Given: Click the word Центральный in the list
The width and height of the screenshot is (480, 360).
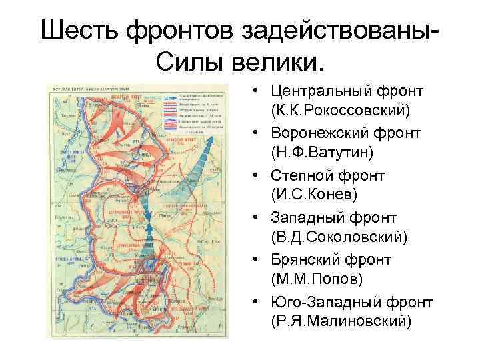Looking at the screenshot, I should (x=322, y=90).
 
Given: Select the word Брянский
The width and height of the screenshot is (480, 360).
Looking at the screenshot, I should (x=307, y=261).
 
